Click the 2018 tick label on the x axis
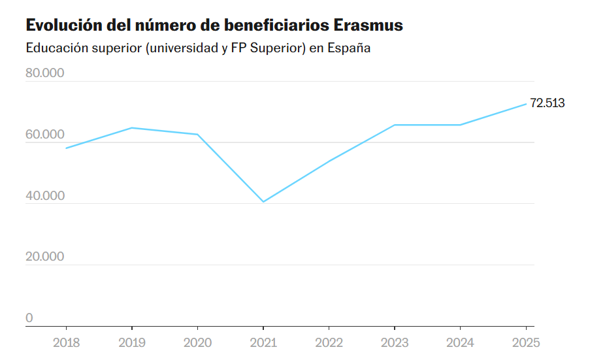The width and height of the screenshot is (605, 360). pos(66,342)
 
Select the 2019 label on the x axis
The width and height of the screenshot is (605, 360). pos(132,342)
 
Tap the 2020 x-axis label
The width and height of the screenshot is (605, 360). pos(197,342)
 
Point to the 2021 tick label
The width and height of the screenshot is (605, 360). pos(263,342)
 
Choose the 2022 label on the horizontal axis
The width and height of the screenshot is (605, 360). pos(329,342)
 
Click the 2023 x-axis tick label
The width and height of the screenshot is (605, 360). pos(395,342)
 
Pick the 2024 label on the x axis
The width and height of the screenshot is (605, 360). pos(460,342)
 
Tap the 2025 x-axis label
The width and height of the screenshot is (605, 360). pos(526,342)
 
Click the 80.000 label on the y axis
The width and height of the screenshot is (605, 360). pos(44,73)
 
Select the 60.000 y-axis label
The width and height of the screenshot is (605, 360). pos(44,135)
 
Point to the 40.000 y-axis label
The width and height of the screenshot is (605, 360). pos(44,195)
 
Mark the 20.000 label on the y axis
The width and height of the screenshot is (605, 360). pos(44,256)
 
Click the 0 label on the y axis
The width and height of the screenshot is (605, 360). pos(29,318)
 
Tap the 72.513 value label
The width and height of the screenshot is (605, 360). pos(547,103)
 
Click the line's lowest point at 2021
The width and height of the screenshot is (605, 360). pos(263,201)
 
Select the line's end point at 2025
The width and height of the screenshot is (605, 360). pos(526,104)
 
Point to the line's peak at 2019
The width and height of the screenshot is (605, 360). pos(132,127)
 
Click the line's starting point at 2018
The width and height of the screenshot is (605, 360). pos(66,148)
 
